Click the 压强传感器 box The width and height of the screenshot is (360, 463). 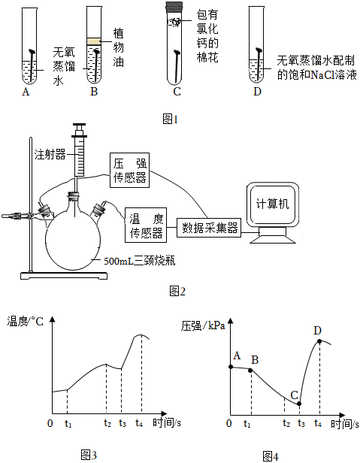coord(130,170)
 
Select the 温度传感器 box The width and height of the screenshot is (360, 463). coord(146,225)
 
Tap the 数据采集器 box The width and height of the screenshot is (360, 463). coord(209,228)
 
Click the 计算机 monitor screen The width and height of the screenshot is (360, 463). coord(272,204)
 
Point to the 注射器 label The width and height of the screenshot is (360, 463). coord(50,154)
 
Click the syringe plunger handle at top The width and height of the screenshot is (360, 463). coord(80,125)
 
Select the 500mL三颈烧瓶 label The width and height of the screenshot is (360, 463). coord(140,261)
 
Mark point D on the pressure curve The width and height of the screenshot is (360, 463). coord(319,341)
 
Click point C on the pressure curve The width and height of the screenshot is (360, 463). coord(299,404)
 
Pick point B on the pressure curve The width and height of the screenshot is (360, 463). coord(250,371)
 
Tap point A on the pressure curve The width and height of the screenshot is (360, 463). coord(231,367)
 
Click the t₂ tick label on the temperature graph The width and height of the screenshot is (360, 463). coord(107,423)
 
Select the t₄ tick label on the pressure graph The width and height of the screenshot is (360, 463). coord(318,423)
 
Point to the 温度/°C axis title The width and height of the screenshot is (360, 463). coord(26,321)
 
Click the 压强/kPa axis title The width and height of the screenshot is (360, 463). coord(203,325)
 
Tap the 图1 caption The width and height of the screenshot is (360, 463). coord(171,120)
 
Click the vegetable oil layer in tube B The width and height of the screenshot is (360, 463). coord(94,41)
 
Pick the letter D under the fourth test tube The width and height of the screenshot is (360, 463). coord(257,92)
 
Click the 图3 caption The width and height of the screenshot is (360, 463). coord(89,455)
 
